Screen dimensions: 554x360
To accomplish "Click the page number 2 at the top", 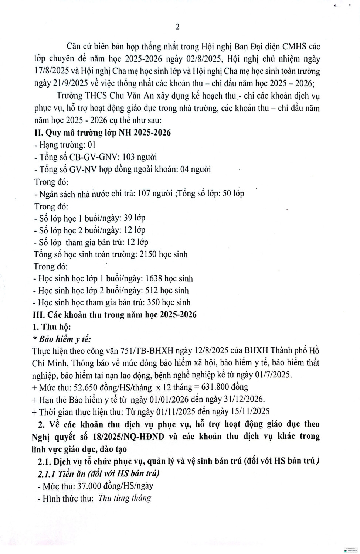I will tap(177, 26).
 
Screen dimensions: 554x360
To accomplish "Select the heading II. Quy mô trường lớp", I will tap(102, 133).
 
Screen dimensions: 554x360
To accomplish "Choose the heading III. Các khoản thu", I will tap(115, 315).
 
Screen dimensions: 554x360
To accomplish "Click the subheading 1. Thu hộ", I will tap(52, 327).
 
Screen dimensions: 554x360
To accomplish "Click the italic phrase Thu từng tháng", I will tap(125, 498).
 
